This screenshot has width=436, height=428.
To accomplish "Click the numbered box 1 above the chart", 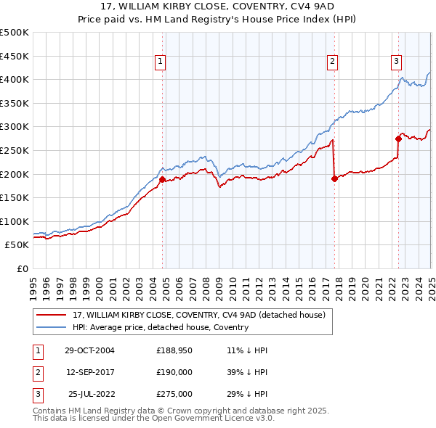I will click(159, 62).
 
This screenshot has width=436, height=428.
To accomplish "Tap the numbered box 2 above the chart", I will click(331, 62).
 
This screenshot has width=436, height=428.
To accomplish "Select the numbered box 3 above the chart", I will click(396, 62).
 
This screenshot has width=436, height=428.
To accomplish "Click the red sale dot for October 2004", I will click(163, 179).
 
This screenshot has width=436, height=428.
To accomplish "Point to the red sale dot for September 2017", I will click(334, 178).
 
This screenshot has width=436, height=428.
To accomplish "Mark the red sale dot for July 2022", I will click(398, 139).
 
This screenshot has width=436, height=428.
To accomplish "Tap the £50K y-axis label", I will click(17, 245).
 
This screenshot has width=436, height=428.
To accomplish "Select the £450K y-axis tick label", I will click(15, 56).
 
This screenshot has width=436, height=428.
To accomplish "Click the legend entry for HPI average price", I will click(161, 327).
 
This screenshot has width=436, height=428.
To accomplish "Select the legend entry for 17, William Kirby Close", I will click(203, 315).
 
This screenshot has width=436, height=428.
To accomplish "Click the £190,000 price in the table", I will click(174, 372).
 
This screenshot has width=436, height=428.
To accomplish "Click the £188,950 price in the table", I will click(174, 350).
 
